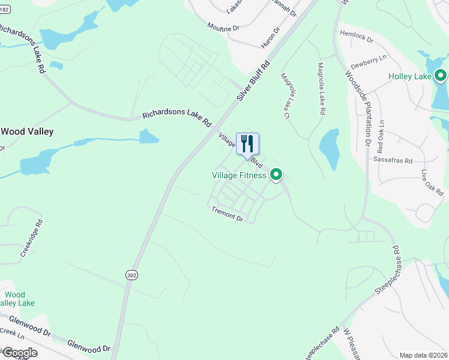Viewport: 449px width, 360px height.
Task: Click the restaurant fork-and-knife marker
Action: [247, 143]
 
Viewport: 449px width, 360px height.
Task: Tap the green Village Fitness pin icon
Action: [276, 175]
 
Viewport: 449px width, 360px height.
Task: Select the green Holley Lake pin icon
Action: [441, 76]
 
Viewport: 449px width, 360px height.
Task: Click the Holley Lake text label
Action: [410, 76]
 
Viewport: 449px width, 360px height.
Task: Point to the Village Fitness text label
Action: [239, 175]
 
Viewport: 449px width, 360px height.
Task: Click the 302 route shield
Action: [131, 274]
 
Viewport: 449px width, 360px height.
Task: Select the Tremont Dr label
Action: [227, 214]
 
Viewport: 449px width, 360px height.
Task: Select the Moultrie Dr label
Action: [223, 27]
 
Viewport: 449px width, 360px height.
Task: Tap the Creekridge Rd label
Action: [32, 238]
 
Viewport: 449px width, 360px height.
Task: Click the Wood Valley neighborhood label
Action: [27, 131]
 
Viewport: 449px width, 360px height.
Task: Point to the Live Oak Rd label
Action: [432, 182]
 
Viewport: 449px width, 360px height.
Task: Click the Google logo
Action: [19, 352]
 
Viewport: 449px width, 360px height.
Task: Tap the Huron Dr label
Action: [271, 37]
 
